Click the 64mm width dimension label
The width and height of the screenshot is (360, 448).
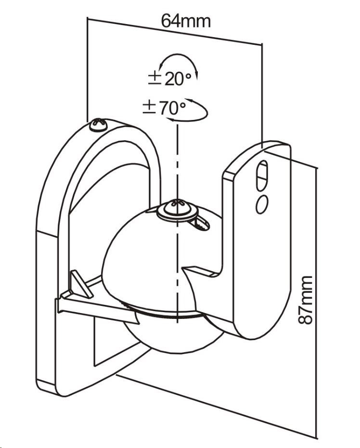pyautogui.click(x=186, y=20)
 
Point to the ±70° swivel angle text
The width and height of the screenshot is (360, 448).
pyautogui.click(x=165, y=108)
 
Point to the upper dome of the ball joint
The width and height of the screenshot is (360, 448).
pyautogui.click(x=144, y=260)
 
